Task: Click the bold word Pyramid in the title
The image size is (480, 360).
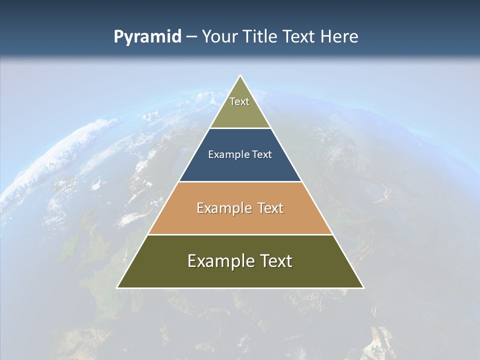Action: point(147,37)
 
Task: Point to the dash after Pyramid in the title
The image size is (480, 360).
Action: point(191,37)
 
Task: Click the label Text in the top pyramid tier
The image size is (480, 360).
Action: point(239,101)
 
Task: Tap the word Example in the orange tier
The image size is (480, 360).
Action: point(223,208)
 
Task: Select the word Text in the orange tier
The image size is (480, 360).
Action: point(271,208)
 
